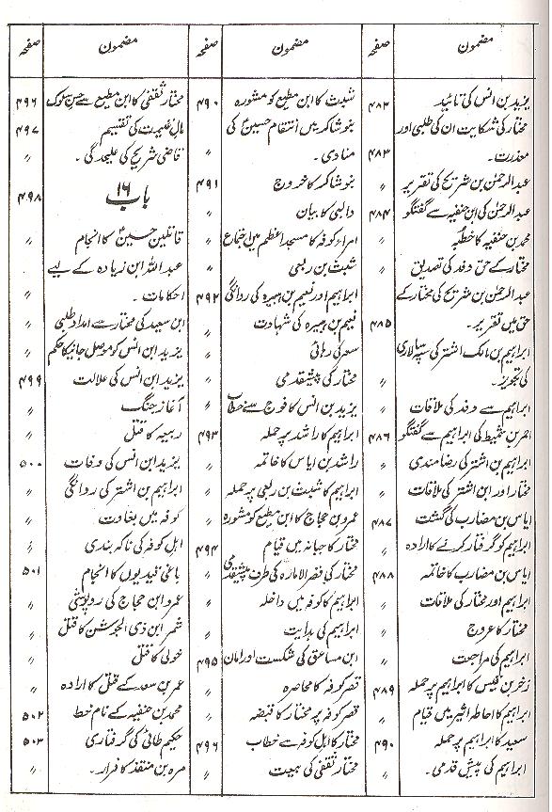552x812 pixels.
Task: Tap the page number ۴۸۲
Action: click(x=384, y=98)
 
